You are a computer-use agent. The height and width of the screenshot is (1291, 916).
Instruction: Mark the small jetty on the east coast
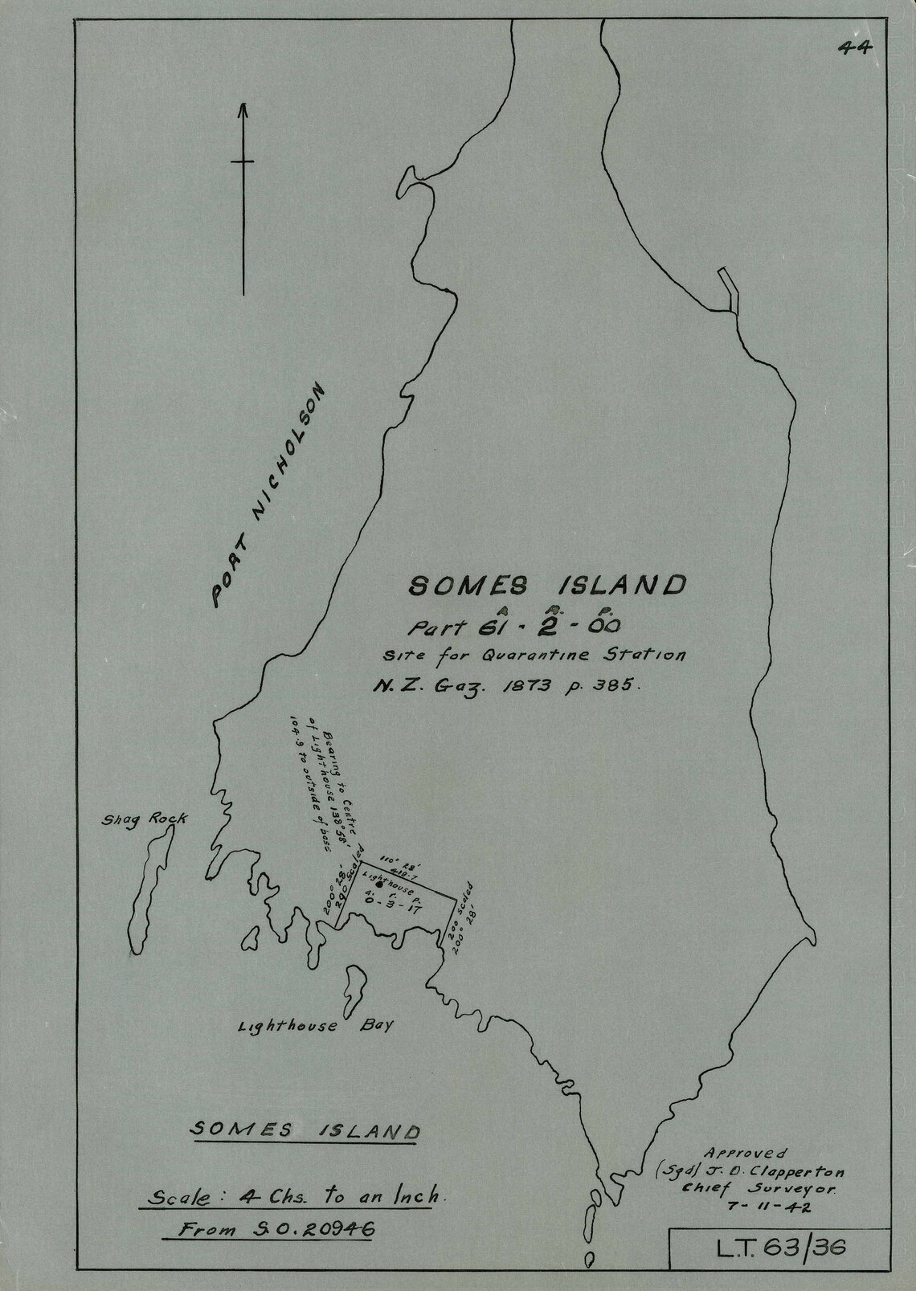728,291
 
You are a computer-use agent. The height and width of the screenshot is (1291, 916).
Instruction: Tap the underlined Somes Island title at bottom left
305,1130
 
